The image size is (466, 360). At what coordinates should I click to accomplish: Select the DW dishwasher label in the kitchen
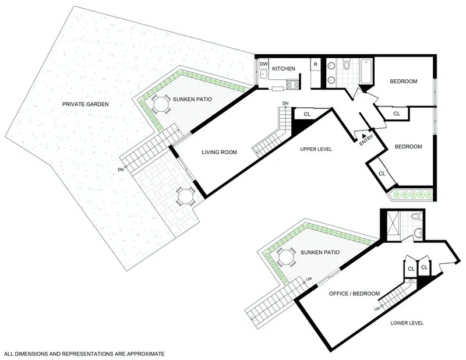coord(264,64)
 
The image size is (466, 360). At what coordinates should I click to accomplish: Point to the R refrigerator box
coord(315,64)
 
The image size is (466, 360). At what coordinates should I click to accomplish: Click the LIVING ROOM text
coord(219,153)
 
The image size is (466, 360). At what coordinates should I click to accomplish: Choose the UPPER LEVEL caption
coord(316,149)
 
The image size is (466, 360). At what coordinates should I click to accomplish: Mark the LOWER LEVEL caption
coord(407,323)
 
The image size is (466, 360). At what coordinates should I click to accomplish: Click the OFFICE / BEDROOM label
coord(354,293)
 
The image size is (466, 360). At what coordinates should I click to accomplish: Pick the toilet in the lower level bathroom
coord(415,217)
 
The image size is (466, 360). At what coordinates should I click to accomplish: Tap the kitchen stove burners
coord(292,85)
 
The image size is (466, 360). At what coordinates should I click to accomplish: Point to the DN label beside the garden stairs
coord(120,170)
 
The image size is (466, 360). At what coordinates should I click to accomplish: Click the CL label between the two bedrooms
coord(396,114)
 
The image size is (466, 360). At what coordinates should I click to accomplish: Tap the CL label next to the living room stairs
coord(306,114)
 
